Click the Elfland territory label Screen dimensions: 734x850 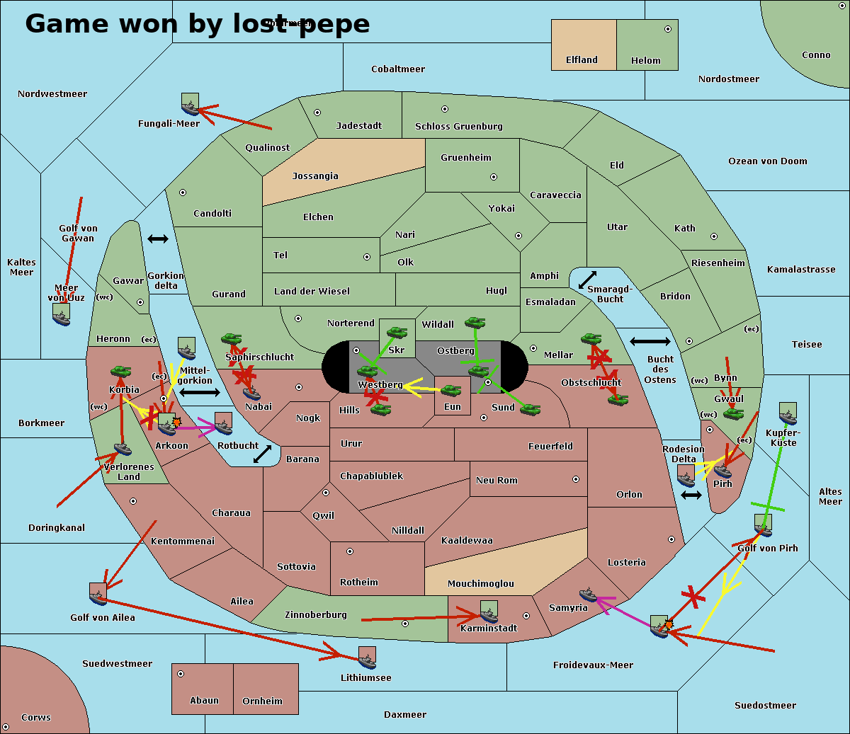pyautogui.click(x=582, y=60)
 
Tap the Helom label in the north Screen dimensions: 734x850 pyautogui.click(x=645, y=61)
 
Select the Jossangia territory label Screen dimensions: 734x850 pyautogui.click(x=315, y=176)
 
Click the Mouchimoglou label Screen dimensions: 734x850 pyautogui.click(x=480, y=584)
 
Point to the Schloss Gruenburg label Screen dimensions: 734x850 pyautogui.click(x=458, y=127)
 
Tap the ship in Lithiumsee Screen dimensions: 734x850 pyautogui.click(x=367, y=659)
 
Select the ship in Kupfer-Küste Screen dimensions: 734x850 pyautogui.click(x=788, y=414)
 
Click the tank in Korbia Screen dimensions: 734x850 pyautogui.click(x=121, y=371)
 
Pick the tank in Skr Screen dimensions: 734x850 pyautogui.click(x=397, y=331)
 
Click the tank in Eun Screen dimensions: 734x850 pyautogui.click(x=451, y=390)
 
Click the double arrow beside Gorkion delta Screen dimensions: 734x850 pyautogui.click(x=158, y=239)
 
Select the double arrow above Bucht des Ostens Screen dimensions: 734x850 pyautogui.click(x=650, y=342)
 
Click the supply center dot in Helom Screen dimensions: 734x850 pyautogui.click(x=667, y=29)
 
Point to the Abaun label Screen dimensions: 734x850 pyautogui.click(x=204, y=701)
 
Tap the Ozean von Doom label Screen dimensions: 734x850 pyautogui.click(x=767, y=161)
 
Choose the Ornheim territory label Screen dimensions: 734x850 pyautogui.click(x=262, y=701)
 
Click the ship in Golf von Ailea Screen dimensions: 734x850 pyautogui.click(x=98, y=594)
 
